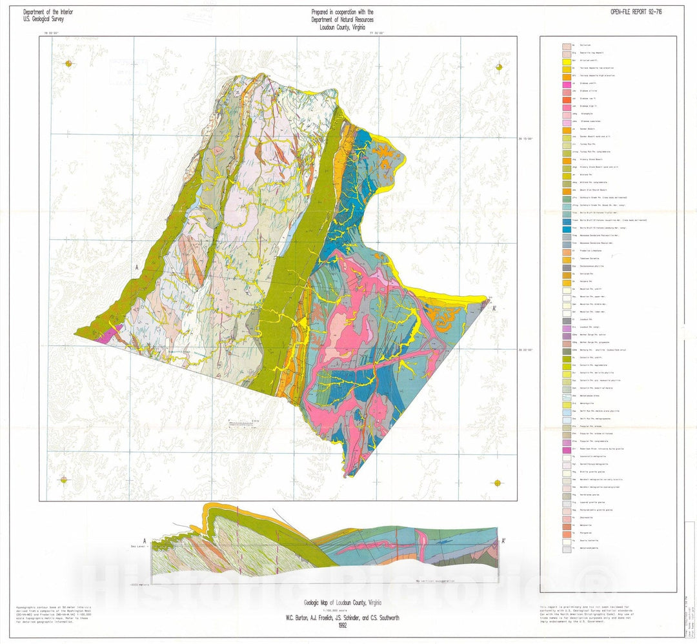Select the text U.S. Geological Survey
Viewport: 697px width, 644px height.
pos(43,19)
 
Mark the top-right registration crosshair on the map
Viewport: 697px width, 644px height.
pos(499,67)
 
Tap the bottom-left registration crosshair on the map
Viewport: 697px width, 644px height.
pos(63,479)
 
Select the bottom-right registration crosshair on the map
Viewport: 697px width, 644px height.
pos(498,483)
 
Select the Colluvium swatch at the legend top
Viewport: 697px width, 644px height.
pos(566,46)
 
